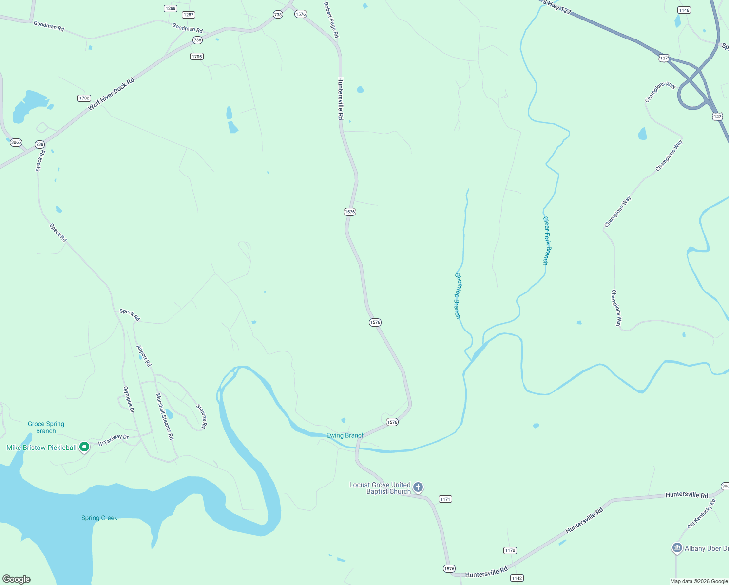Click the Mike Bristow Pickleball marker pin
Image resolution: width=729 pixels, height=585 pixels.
(x=84, y=447)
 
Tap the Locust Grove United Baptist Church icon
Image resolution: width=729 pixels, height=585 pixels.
(x=418, y=487)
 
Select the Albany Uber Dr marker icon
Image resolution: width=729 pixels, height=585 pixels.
(x=677, y=548)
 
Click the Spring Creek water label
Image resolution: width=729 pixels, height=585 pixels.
(x=99, y=518)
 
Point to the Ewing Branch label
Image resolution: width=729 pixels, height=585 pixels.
(x=345, y=435)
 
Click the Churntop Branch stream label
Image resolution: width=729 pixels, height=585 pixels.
(x=458, y=296)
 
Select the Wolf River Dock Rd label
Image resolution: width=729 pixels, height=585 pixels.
(x=111, y=94)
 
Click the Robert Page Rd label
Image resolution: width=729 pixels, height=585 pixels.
(x=331, y=19)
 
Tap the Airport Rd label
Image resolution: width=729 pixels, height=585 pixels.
(x=144, y=356)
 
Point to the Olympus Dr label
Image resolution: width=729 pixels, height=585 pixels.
(x=129, y=399)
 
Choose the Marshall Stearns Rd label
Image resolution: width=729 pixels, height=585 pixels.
(x=165, y=416)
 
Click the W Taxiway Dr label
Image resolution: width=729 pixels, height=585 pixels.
(x=113, y=440)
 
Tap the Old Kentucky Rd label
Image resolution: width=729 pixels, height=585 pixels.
(x=701, y=514)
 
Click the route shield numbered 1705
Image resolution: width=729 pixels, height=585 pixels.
(x=197, y=57)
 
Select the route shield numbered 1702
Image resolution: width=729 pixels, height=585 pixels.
(x=84, y=98)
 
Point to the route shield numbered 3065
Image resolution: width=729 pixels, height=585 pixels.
(x=16, y=142)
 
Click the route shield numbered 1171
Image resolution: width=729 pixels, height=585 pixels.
(x=445, y=499)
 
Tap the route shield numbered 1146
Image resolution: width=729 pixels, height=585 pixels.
(x=684, y=10)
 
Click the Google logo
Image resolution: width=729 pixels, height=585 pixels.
(x=17, y=579)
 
